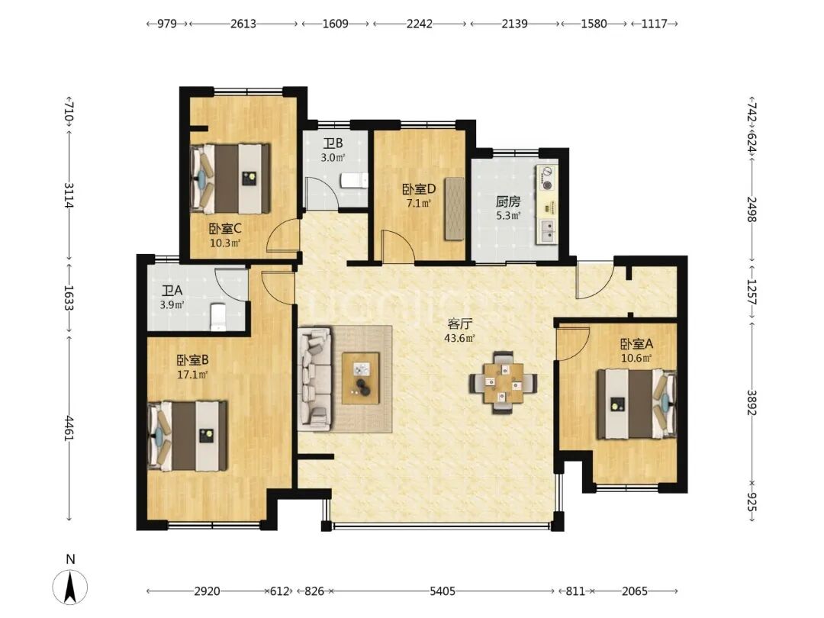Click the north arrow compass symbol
click(x=70, y=585)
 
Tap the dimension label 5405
click(x=443, y=591)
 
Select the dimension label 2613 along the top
click(x=243, y=24)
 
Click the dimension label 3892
click(x=752, y=403)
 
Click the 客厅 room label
click(x=459, y=323)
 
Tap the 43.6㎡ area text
click(x=459, y=339)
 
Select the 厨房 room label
click(x=508, y=201)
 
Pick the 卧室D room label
click(x=420, y=188)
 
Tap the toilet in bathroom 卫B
click(x=354, y=181)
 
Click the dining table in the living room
click(x=504, y=382)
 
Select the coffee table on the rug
click(x=360, y=378)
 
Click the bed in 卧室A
click(x=636, y=404)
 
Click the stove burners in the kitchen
click(x=546, y=178)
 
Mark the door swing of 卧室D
click(x=398, y=246)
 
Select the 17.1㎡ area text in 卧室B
click(x=192, y=375)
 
